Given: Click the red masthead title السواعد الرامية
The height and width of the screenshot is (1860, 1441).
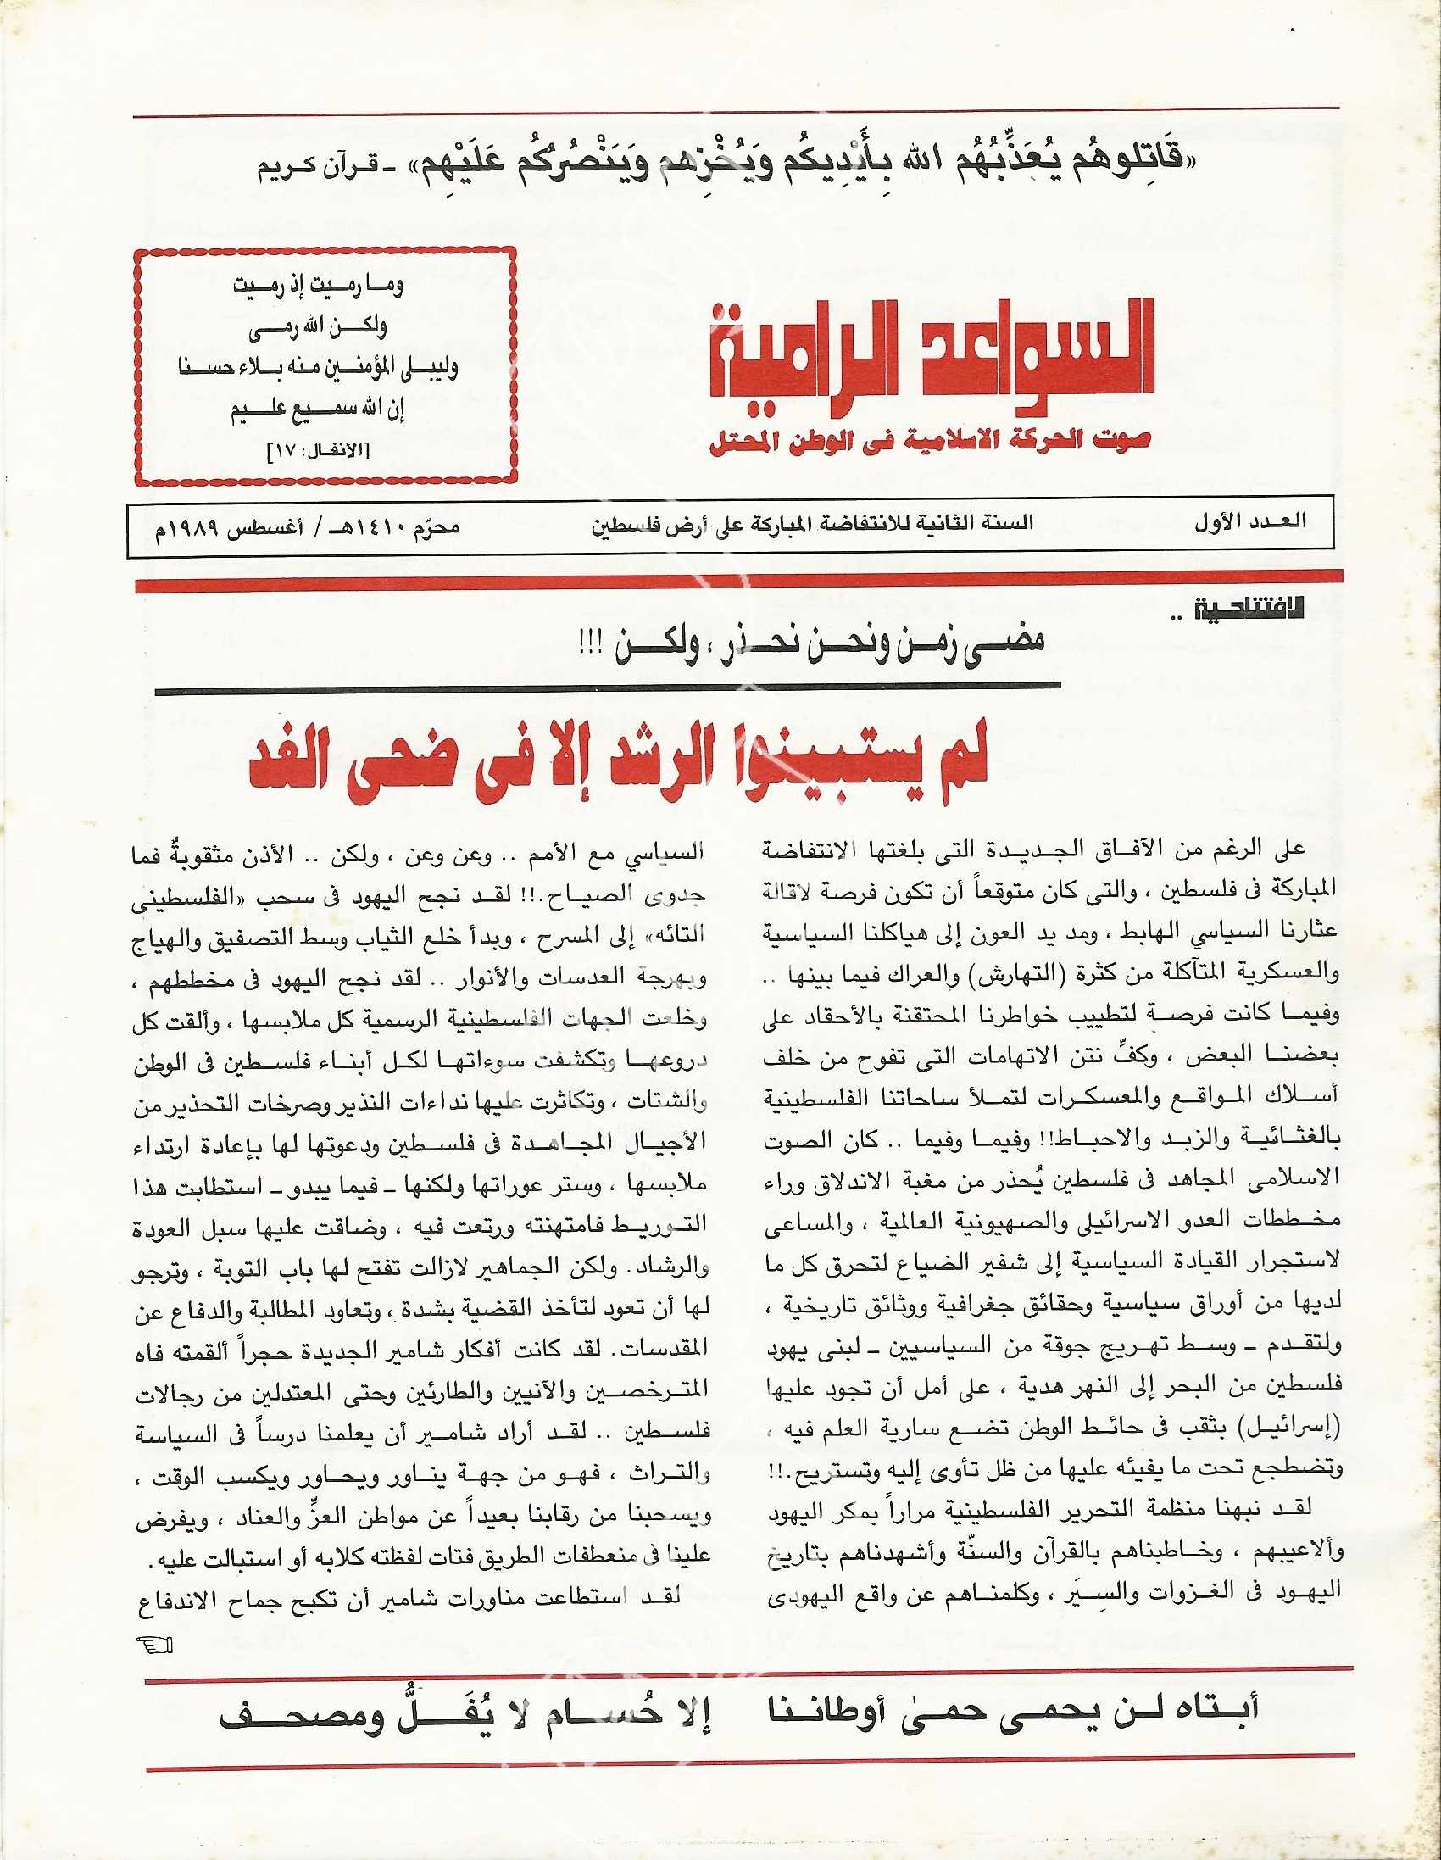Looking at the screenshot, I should tap(932, 359).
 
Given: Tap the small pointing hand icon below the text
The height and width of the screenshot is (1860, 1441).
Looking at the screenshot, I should tap(154, 1645).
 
